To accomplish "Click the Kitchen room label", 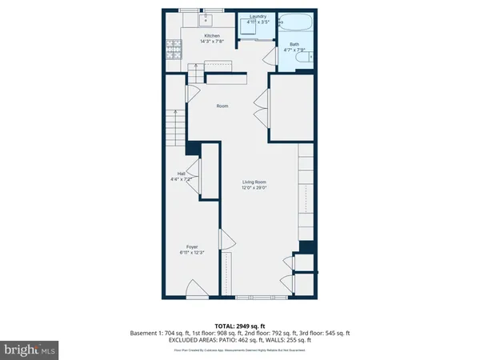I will pyautogui.click(x=212, y=36).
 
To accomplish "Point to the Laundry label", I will pyautogui.click(x=258, y=16).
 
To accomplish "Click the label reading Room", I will pyautogui.click(x=223, y=106).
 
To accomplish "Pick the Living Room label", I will pyautogui.click(x=254, y=182).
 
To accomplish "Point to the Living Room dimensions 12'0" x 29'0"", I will pyautogui.click(x=254, y=189).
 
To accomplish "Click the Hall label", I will pyautogui.click(x=182, y=174).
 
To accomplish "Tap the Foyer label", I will pyautogui.click(x=192, y=246).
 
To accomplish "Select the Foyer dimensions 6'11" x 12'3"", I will pyautogui.click(x=192, y=253).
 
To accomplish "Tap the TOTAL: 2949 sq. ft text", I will pyautogui.click(x=240, y=326).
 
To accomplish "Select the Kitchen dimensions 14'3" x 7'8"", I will pyautogui.click(x=212, y=42).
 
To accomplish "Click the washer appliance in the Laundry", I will pyautogui.click(x=257, y=32).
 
